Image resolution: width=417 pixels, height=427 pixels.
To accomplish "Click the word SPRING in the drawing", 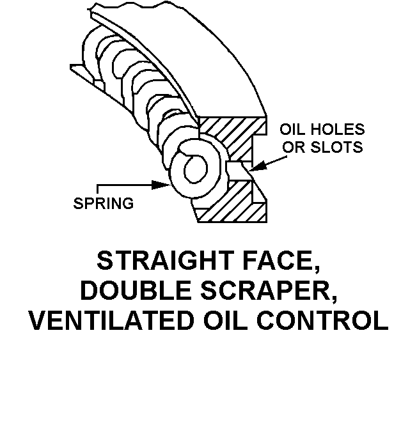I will (104, 204).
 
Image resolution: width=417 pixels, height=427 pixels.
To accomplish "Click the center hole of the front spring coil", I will (194, 171).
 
